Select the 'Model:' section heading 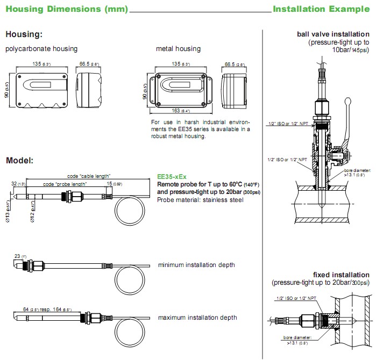pos(19,161)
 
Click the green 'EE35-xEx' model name pos(172,177)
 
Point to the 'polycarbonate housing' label pos(41,49)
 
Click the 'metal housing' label pos(178,49)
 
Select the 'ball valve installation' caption pos(332,34)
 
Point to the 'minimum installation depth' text pos(196,265)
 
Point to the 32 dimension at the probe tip pos(13,184)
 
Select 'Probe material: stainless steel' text pos(200,200)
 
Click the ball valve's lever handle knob pos(350,100)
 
